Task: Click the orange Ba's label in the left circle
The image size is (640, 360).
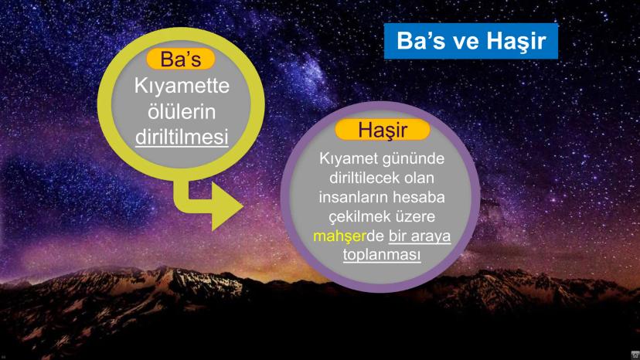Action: [x=180, y=59]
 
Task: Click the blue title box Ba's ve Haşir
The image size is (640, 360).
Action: [x=471, y=42]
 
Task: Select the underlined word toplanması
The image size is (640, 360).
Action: [x=382, y=253]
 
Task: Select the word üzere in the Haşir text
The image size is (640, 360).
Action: [x=421, y=216]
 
